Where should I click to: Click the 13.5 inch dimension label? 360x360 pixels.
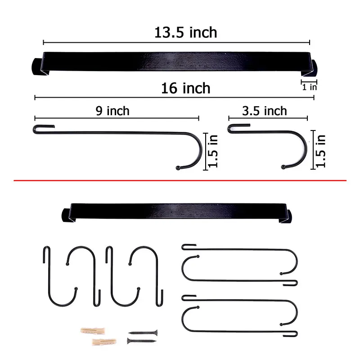tap(185, 32)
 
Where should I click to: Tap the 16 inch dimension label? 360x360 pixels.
tap(185, 88)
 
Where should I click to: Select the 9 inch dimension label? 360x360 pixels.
tap(112, 111)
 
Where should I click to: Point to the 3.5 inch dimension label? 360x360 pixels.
tap(265, 111)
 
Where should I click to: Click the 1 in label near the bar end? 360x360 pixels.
tap(310, 87)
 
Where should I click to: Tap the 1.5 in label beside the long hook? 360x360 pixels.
tap(213, 151)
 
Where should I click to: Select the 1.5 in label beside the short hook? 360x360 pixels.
tap(320, 151)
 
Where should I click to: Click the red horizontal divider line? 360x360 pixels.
tap(180, 180)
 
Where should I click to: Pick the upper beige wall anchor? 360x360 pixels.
tap(93, 331)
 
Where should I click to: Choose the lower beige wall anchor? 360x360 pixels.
tap(104, 342)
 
